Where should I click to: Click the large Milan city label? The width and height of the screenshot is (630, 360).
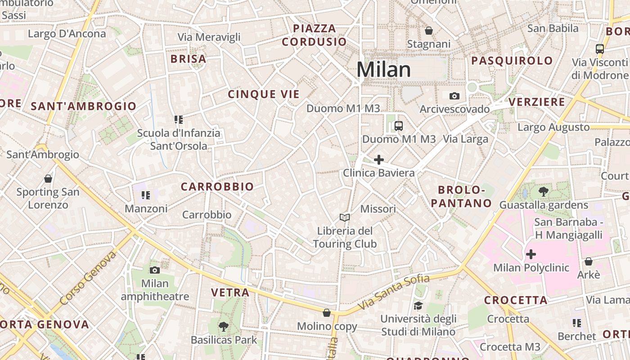point(383,70)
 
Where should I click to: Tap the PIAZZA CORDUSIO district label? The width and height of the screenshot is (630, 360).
point(315,35)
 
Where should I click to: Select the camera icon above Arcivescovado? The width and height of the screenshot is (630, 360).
point(454,96)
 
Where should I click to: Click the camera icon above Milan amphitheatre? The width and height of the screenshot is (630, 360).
point(155,270)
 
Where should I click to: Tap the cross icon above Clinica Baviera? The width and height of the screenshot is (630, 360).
point(379,160)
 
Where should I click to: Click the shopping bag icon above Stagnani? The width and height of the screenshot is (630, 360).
point(429,31)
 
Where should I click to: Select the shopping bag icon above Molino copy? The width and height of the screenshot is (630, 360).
point(327,313)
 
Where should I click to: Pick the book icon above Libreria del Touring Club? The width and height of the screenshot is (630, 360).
point(345,218)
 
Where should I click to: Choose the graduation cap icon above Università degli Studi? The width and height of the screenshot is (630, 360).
point(418,306)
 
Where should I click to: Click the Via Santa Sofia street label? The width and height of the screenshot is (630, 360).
point(394,295)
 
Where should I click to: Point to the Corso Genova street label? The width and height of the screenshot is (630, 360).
point(87,278)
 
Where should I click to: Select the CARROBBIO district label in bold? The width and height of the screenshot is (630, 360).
point(217,187)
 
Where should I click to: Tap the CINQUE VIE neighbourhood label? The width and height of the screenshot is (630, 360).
point(264,94)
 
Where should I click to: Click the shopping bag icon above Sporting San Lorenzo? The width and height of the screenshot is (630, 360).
point(48,179)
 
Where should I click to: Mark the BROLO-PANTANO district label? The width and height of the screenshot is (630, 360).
point(461,196)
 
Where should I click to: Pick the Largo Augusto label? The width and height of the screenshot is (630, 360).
point(553,127)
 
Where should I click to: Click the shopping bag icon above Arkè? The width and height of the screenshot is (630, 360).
point(588,261)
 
